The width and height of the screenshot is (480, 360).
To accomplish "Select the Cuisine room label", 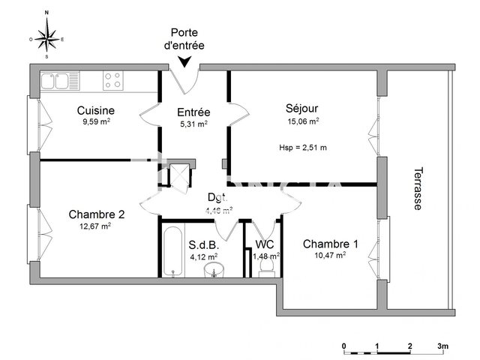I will [96, 111].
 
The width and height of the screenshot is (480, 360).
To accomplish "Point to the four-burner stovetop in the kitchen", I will [112, 79].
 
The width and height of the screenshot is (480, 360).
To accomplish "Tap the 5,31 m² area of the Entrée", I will [193, 124].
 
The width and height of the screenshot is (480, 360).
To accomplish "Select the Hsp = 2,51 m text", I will [302, 147].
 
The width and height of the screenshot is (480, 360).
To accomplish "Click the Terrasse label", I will [417, 188].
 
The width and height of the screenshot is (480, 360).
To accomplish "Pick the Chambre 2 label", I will [96, 214].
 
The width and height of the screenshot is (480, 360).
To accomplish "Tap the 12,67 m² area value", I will [96, 226].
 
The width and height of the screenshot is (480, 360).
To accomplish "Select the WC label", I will [265, 244].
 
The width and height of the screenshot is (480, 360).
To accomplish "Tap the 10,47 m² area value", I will [330, 256].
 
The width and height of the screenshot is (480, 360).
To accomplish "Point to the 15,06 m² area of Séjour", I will [302, 120].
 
